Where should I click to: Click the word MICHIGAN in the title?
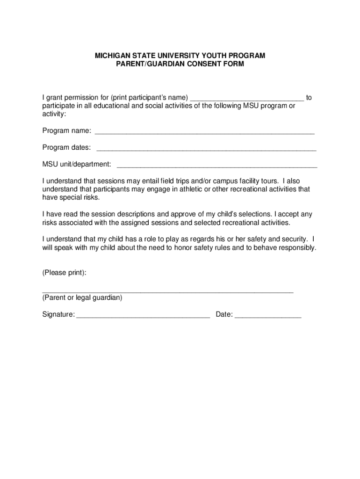pos(112,56)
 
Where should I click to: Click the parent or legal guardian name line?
pos(168,291)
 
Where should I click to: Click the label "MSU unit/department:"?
pos(77,164)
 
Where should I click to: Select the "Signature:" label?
pos(58,315)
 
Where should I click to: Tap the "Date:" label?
pos(224,315)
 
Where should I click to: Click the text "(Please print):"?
pos(64,273)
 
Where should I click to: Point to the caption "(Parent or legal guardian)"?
pos(82,298)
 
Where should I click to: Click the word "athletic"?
pos(186,189)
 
